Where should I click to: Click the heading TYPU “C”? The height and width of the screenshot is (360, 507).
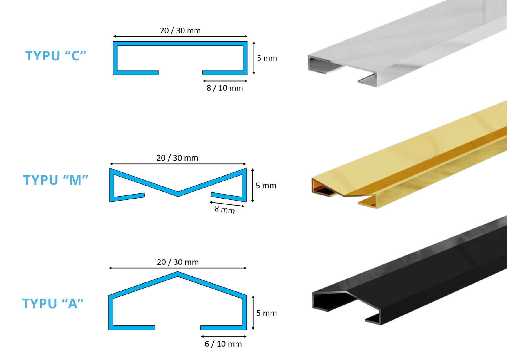click(x=56, y=56)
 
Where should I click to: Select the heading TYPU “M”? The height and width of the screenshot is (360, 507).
click(x=56, y=180)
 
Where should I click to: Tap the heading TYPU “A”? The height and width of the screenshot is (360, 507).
click(x=53, y=304)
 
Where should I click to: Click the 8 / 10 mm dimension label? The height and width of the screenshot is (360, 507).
click(x=225, y=88)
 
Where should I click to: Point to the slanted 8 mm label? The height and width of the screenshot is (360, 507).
click(x=225, y=209)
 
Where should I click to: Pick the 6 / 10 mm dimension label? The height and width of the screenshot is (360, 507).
click(x=223, y=344)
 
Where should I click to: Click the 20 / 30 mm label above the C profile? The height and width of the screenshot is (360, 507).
click(x=180, y=30)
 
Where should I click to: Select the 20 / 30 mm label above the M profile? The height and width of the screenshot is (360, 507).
click(x=177, y=158)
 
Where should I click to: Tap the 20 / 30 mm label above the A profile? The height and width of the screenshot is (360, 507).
click(x=178, y=262)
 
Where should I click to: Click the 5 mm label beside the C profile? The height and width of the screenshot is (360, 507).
click(x=267, y=58)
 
